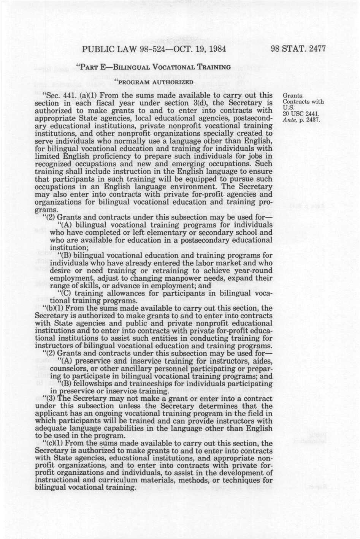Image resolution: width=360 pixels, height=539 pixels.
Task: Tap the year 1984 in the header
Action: click(216, 49)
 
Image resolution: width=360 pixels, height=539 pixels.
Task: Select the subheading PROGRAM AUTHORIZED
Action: click(154, 82)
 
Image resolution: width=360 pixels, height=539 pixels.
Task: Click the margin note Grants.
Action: click(293, 96)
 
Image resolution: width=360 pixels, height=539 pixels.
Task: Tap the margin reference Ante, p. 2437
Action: click(303, 120)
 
